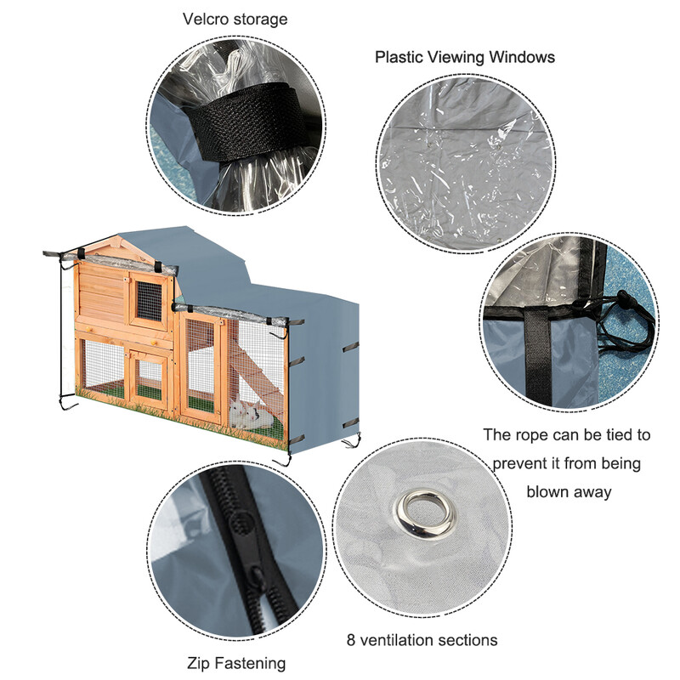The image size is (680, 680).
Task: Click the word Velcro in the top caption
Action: coord(206,19)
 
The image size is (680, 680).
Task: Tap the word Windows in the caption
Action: coord(522,57)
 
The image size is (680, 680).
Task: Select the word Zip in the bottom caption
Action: coord(199,664)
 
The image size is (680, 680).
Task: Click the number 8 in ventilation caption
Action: coord(351,640)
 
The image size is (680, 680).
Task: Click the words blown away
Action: coord(569,492)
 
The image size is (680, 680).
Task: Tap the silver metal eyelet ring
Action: coord(425,514)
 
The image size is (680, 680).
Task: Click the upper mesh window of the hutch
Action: coord(150,301)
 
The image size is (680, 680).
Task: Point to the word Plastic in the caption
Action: coord(399,57)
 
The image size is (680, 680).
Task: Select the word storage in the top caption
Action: coord(260,20)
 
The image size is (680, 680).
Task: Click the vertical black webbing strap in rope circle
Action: coord(538,355)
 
